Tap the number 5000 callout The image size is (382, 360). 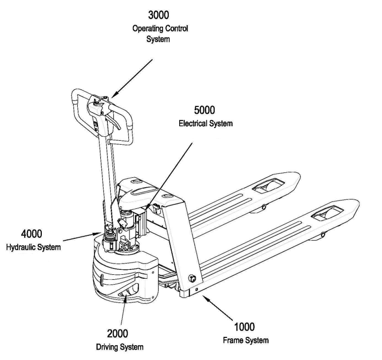point(205,113)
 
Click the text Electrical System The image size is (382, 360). point(205,124)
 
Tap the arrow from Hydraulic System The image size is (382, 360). point(79,236)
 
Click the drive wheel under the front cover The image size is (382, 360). point(127,294)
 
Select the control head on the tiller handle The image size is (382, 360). point(99,103)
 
